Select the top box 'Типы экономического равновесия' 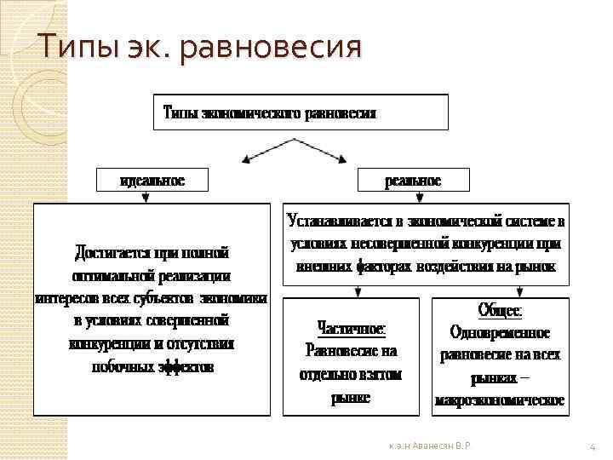301,112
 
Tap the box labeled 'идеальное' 152,181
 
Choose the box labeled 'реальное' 413,181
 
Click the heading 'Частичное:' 351,327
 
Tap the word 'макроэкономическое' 501,400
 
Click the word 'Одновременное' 500,332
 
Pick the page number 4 592,446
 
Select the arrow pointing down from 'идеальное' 146,198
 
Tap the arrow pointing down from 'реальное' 420,198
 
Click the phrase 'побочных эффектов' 152,368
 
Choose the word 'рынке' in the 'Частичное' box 351,397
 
